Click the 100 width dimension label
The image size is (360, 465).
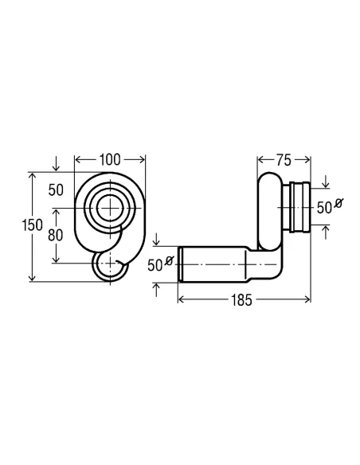[110, 160]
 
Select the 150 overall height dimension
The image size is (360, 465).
[33, 225]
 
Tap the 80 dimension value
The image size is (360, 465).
[56, 235]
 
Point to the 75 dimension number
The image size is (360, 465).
[284, 160]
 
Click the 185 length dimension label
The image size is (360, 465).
[241, 300]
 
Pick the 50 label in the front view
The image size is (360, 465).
[56, 190]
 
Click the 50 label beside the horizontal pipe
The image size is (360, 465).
[155, 265]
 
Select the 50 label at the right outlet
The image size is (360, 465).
[324, 208]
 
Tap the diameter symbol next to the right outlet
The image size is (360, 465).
[338, 204]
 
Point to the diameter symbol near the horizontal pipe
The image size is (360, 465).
[169, 261]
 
